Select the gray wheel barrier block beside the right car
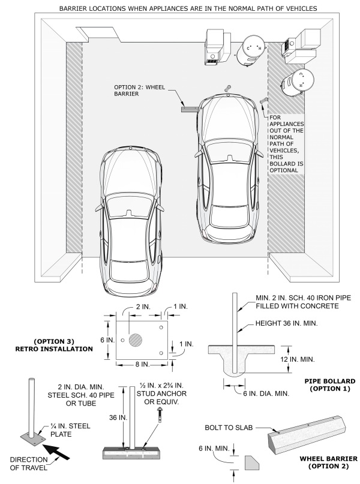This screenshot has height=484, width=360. click(x=190, y=109)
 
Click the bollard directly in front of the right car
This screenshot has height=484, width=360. click(x=227, y=88)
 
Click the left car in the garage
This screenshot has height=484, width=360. click(x=130, y=216)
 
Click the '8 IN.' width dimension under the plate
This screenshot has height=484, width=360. click(x=141, y=365)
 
